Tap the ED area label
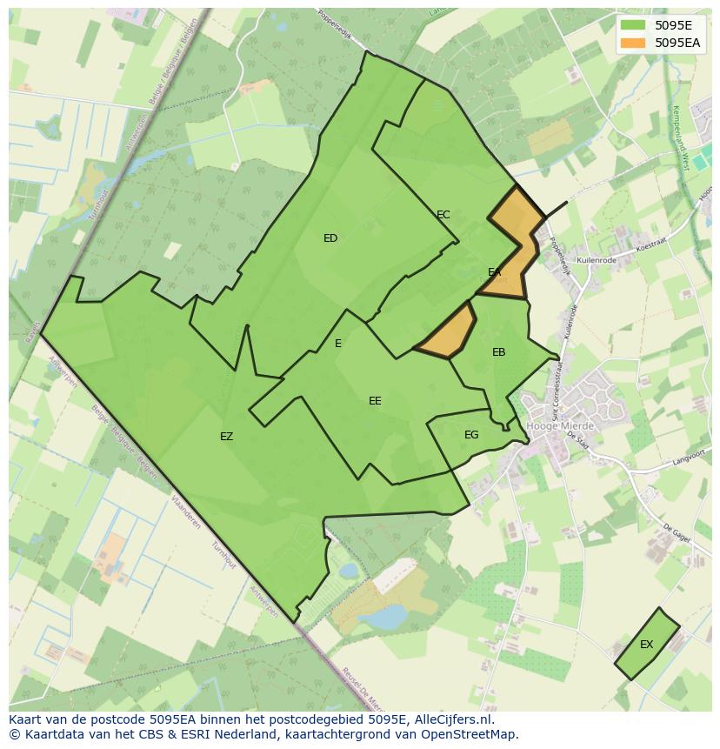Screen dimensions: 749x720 330,238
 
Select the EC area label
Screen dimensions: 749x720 443,215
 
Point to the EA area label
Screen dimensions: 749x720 495,272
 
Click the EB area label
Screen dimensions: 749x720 498,352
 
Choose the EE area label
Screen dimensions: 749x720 375,401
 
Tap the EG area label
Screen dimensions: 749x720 471,435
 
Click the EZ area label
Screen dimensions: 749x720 226,437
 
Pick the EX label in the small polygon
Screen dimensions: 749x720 646,645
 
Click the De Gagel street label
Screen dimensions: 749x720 676,533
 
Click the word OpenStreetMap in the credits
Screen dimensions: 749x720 473,734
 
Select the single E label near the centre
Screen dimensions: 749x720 338,344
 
